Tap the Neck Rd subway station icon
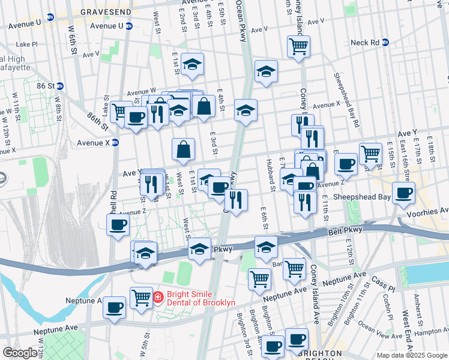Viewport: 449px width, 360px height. [x=385, y=43]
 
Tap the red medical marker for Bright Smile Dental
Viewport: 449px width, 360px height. [x=158, y=297]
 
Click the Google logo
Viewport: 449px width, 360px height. [x=20, y=353]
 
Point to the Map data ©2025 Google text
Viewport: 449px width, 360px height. [x=411, y=355]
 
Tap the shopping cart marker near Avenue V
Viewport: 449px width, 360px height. [x=298, y=46]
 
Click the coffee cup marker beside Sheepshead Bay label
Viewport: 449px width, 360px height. [x=404, y=193]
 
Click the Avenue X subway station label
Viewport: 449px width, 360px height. [x=94, y=143]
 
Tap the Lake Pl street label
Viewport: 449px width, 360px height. [x=27, y=44]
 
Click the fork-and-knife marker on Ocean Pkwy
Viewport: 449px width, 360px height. [x=236, y=200]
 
